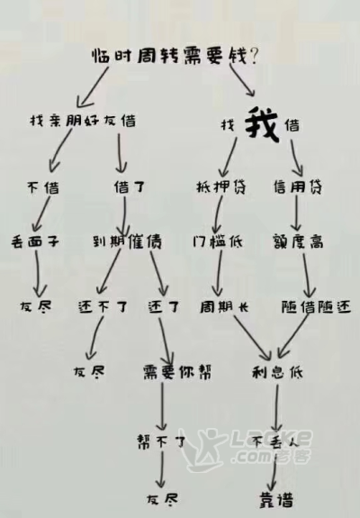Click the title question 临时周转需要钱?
coord(175,56)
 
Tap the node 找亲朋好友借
coord(83,120)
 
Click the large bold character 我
coord(262,125)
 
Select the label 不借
coord(43,187)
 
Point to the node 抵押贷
coord(221,187)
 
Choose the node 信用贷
coord(298,187)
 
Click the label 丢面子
coord(35,241)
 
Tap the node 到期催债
coord(127,241)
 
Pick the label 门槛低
coord(218,241)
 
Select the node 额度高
coord(298,241)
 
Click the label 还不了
coord(103,307)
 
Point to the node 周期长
coord(224,307)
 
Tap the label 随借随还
coord(316,307)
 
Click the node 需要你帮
coord(177,372)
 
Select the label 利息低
coord(277,372)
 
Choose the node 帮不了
coord(161,441)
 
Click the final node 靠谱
coord(276,500)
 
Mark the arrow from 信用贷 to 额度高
coord(296,214)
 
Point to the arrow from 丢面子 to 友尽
coord(39,274)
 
